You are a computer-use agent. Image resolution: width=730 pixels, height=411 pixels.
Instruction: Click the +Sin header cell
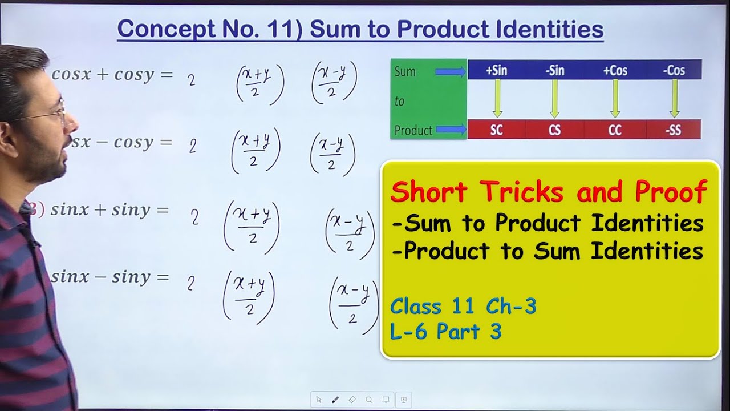[496, 70]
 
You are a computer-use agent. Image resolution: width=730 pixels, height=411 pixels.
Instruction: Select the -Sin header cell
[554, 70]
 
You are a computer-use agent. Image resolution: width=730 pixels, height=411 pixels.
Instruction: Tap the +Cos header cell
[615, 70]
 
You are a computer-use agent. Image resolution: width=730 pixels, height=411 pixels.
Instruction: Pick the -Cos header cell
[674, 70]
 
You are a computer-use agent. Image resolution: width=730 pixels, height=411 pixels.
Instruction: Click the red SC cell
[497, 130]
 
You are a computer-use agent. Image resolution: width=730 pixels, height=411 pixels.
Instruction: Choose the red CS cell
[555, 130]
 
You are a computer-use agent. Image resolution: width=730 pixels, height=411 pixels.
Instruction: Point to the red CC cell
[615, 130]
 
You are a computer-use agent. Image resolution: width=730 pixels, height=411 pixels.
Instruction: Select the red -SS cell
[674, 130]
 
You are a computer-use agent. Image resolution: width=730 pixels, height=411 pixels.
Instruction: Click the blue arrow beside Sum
[451, 72]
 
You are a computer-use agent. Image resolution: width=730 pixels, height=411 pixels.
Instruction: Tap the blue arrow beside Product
[451, 130]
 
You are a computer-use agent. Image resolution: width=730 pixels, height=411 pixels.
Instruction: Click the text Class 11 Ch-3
[463, 307]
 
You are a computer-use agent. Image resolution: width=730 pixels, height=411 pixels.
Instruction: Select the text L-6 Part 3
[446, 331]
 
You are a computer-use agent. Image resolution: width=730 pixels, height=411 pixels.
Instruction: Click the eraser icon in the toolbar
[352, 400]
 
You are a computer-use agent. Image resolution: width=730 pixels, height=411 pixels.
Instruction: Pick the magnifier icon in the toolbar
[369, 400]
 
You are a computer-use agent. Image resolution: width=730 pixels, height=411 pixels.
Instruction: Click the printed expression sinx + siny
[109, 210]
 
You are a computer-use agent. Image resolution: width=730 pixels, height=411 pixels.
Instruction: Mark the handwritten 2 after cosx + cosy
[192, 80]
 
